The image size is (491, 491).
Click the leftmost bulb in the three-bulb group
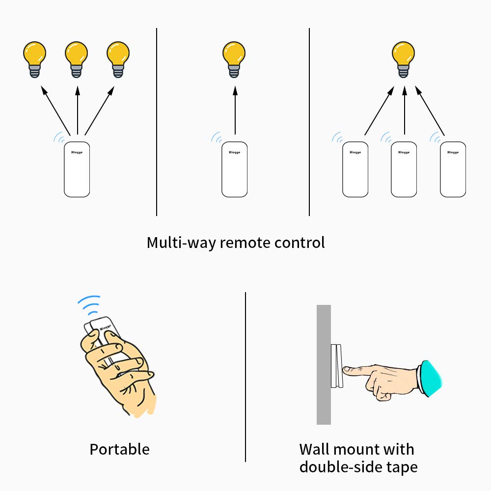coord(35,56)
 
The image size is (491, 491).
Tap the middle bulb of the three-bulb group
coord(77,56)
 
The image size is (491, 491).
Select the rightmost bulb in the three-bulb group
coord(118,56)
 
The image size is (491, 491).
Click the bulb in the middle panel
coord(234,56)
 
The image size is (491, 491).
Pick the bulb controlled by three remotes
coord(403,56)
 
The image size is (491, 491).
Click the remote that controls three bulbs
coord(77,169)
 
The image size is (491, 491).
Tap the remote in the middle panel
coord(234,169)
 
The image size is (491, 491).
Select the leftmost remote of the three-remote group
coord(355,169)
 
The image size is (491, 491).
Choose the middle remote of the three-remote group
coord(404,169)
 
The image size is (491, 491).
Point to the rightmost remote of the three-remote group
coord(452,169)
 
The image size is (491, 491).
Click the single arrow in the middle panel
coord(235,110)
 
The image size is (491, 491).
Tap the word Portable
coord(119,449)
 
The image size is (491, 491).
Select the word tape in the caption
coord(399,466)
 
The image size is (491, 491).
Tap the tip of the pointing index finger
coord(345,368)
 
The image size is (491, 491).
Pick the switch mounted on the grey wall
coord(336,366)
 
